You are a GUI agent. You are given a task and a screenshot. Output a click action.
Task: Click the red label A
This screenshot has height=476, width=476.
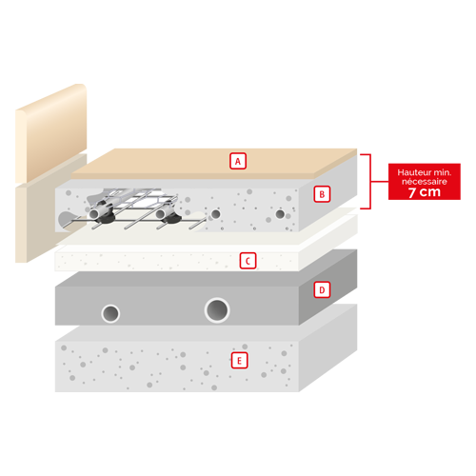pyautogui.click(x=238, y=161)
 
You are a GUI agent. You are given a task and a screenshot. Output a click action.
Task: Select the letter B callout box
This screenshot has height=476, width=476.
pyautogui.click(x=322, y=194)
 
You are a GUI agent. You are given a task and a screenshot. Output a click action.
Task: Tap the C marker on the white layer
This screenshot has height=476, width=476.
pyautogui.click(x=248, y=261)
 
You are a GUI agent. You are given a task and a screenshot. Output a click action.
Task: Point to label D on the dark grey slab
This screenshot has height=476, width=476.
pyautogui.click(x=322, y=289)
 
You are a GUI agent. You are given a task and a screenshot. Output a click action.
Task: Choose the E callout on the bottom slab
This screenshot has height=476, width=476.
pyautogui.click(x=239, y=360)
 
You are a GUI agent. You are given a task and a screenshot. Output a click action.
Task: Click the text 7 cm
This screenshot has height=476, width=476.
pyautogui.click(x=425, y=192)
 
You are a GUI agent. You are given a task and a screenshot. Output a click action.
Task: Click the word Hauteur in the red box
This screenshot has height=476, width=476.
pyautogui.click(x=411, y=172)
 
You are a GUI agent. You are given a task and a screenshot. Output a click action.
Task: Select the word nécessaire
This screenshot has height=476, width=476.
pyautogui.click(x=425, y=182)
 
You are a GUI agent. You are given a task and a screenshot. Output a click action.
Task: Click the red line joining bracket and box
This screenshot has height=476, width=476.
pyautogui.click(x=380, y=182)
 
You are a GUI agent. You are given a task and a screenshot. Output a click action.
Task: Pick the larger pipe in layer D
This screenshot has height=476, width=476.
pyautogui.click(x=217, y=310)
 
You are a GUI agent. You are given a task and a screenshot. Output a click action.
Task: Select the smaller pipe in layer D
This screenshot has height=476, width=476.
pyautogui.click(x=110, y=313)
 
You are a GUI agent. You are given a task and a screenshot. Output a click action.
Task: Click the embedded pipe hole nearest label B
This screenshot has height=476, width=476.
pyautogui.click(x=280, y=214)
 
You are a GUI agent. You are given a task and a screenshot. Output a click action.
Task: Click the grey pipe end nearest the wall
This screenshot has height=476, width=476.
pyautogui.click(x=94, y=213)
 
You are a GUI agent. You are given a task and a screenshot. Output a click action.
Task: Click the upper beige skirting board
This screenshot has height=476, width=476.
pyautogui.click(x=51, y=133)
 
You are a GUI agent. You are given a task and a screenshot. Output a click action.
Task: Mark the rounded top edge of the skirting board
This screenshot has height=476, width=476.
pyautogui.click(x=50, y=97)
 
